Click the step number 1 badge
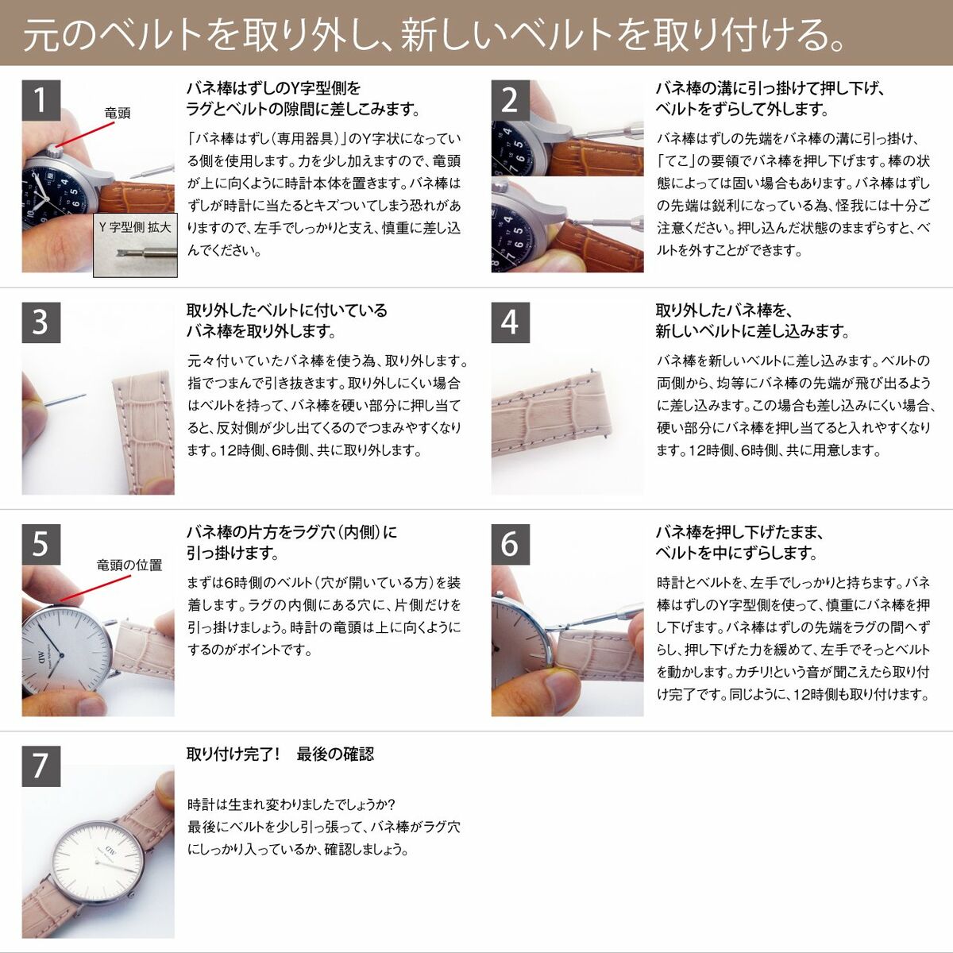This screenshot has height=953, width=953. (41, 100)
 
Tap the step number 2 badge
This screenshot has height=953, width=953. (510, 100)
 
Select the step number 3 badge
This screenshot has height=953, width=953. (41, 322)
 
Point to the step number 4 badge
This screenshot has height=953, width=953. (510, 322)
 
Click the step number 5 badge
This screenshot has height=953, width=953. (41, 545)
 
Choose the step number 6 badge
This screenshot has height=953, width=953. (510, 545)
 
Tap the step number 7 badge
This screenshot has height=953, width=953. (41, 766)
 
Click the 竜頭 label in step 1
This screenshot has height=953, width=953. (117, 114)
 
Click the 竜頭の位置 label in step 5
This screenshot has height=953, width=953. (129, 565)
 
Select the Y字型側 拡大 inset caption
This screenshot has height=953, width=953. (135, 227)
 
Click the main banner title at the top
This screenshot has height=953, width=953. (433, 33)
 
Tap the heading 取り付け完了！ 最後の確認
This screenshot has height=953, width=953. (280, 754)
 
